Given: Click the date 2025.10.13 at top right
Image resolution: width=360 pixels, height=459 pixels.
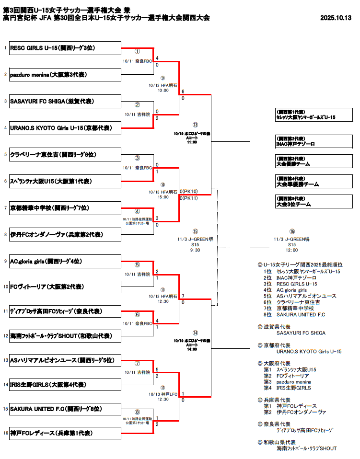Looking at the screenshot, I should tap(336, 18).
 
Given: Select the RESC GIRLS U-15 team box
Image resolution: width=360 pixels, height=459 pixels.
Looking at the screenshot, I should tap(65, 48).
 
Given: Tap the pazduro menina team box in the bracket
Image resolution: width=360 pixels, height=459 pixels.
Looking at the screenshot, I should tap(65, 75).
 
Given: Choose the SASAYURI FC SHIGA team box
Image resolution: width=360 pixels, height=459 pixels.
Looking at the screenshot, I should tap(65, 101).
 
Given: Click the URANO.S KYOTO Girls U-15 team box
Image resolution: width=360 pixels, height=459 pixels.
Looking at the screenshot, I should tap(65, 128).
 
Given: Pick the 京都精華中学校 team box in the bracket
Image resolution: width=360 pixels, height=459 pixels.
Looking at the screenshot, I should tap(65, 208).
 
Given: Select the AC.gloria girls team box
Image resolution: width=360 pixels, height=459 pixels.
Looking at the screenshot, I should tap(65, 261).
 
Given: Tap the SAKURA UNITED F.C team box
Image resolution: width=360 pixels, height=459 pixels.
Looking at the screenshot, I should tap(65, 409).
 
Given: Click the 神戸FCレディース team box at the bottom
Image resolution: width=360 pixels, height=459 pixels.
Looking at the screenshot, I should tap(65, 433).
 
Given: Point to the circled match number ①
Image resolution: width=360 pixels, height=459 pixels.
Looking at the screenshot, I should tap(137, 52).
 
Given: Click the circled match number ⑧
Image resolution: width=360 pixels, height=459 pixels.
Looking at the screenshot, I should tap(137, 412).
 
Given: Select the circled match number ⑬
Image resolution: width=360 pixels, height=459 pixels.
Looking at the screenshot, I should tap(195, 125).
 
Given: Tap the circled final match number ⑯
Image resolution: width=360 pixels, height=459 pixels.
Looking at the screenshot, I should tap(292, 232).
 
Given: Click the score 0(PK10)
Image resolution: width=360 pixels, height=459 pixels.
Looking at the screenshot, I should tap(189, 191).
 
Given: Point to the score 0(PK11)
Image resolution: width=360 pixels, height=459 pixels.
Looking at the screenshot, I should tap(189, 198).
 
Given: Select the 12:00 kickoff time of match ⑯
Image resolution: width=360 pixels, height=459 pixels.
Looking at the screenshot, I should tap(292, 250).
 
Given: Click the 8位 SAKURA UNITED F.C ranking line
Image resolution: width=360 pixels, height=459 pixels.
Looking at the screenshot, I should tap(294, 315).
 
